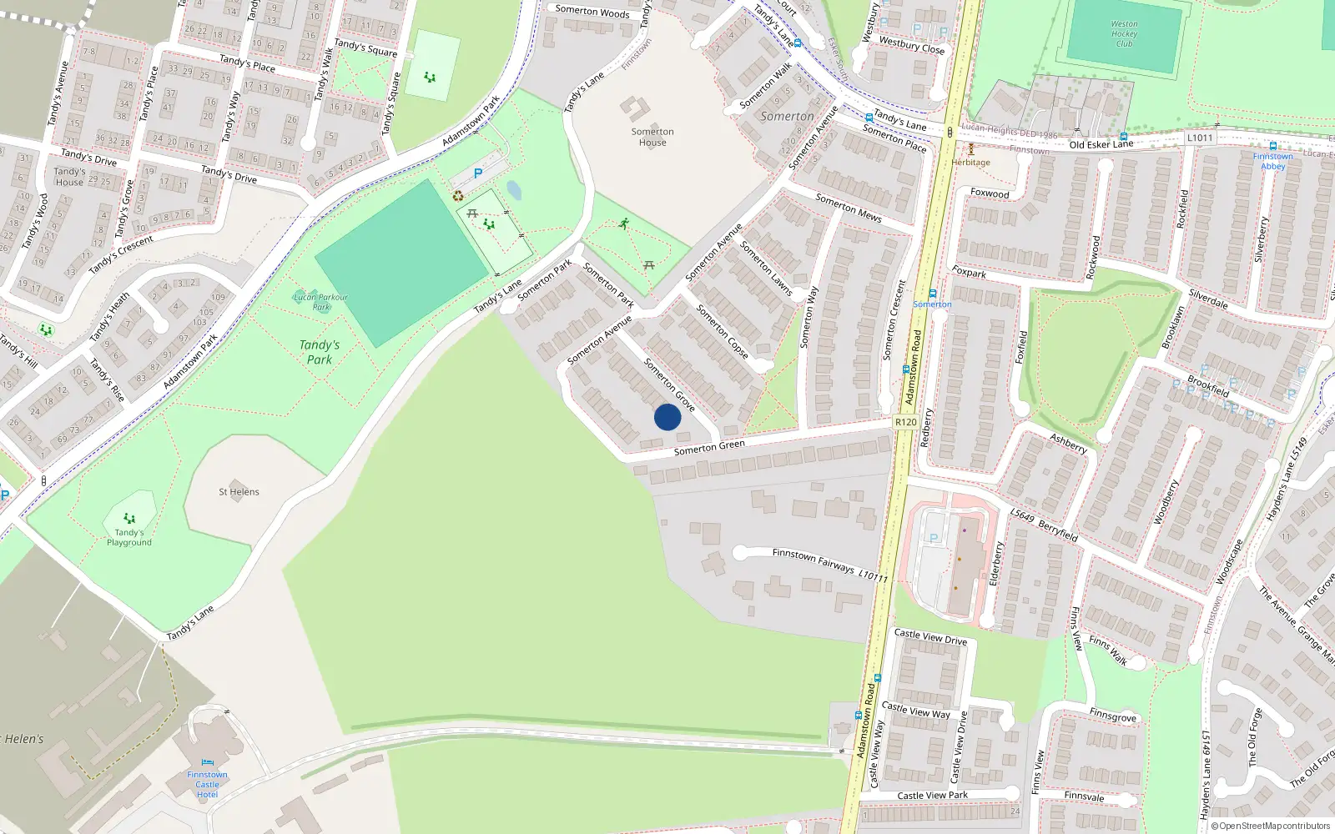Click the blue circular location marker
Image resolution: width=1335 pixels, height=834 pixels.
click(667, 417)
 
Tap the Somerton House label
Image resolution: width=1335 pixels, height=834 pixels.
click(652, 137)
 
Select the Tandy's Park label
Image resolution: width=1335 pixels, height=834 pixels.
click(319, 352)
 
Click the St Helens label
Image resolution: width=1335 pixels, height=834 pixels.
click(239, 492)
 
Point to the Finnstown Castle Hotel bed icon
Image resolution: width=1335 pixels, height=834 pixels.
click(207, 762)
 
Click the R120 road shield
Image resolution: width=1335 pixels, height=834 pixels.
click(905, 422)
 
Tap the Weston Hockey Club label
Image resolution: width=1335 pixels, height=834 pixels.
click(1124, 34)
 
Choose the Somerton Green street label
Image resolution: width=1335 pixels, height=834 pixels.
click(709, 448)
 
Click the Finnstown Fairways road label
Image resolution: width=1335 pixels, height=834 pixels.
click(814, 561)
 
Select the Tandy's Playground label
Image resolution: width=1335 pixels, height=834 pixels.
click(129, 537)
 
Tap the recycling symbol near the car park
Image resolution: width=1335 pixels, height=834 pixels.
click(458, 196)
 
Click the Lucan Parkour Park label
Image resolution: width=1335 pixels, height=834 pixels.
click(320, 301)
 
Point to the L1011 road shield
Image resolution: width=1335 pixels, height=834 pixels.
click(1199, 138)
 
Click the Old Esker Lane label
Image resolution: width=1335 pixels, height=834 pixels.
click(1101, 144)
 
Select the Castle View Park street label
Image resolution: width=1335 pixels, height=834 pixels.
click(932, 795)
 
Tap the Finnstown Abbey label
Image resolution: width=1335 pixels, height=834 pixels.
click(1272, 161)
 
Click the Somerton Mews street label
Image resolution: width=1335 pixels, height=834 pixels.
click(848, 208)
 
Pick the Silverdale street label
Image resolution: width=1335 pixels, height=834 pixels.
click(1207, 299)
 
